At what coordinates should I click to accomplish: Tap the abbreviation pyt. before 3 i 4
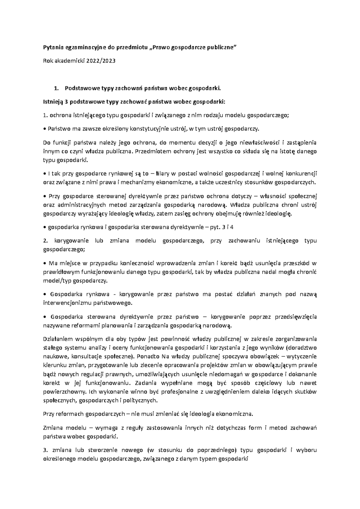[215, 227]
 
